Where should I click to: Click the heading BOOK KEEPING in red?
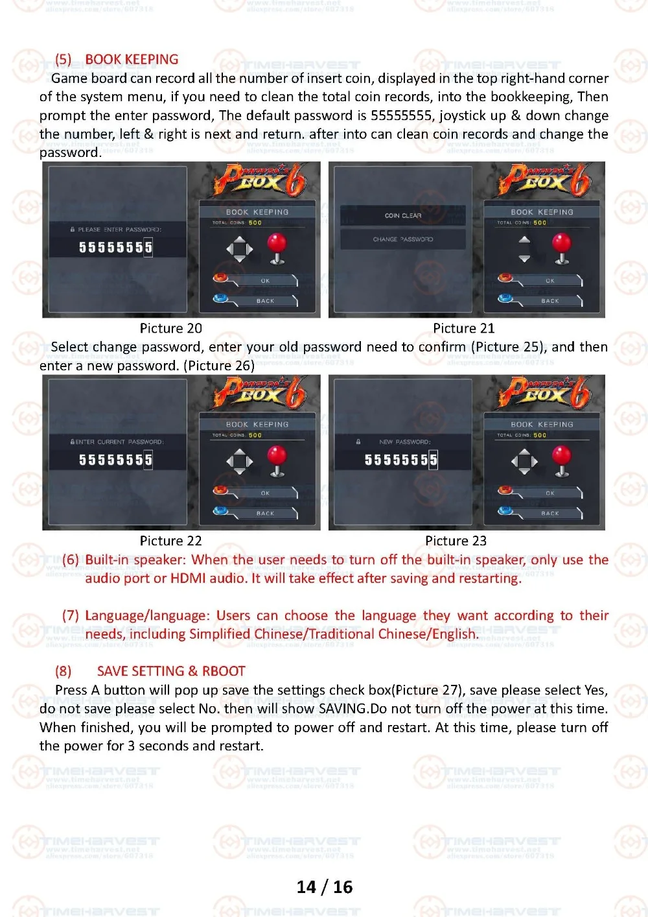coord(132,60)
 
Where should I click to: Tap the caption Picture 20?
coord(170,328)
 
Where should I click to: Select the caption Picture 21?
coord(463,328)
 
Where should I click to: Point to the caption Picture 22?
coord(170,541)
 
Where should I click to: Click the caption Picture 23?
coord(456,541)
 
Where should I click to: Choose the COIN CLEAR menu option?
coord(402,215)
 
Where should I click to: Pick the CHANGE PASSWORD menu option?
coord(402,239)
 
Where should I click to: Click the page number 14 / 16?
coord(324,887)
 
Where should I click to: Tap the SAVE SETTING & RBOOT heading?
coord(171,671)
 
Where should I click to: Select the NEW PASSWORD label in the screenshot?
coord(404,442)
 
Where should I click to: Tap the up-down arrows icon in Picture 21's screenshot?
coord(524,249)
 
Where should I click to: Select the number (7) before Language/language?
coord(71,615)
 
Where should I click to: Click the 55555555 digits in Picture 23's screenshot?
coord(400,460)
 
